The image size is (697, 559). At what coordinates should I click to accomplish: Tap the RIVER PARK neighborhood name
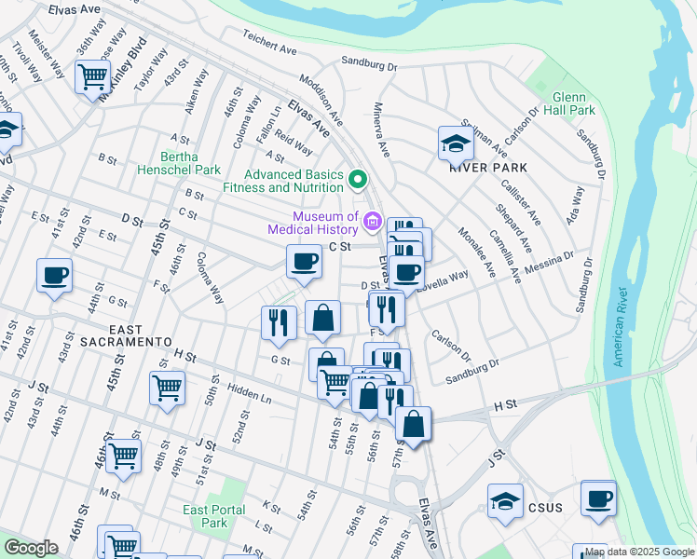click(x=487, y=169)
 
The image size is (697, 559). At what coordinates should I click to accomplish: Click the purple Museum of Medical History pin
click(x=373, y=222)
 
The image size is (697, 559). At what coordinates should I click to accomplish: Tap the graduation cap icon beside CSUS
click(x=505, y=499)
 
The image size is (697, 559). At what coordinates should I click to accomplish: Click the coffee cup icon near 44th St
click(x=54, y=276)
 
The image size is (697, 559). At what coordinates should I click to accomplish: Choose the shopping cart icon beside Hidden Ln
click(x=167, y=386)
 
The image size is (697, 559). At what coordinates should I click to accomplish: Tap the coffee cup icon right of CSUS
click(x=597, y=497)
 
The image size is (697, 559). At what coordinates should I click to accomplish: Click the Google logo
click(x=31, y=548)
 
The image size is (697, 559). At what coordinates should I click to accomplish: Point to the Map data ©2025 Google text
click(x=633, y=551)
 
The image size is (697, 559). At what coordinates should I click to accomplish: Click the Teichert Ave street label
click(x=269, y=48)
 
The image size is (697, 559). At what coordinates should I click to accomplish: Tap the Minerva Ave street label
click(x=381, y=129)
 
